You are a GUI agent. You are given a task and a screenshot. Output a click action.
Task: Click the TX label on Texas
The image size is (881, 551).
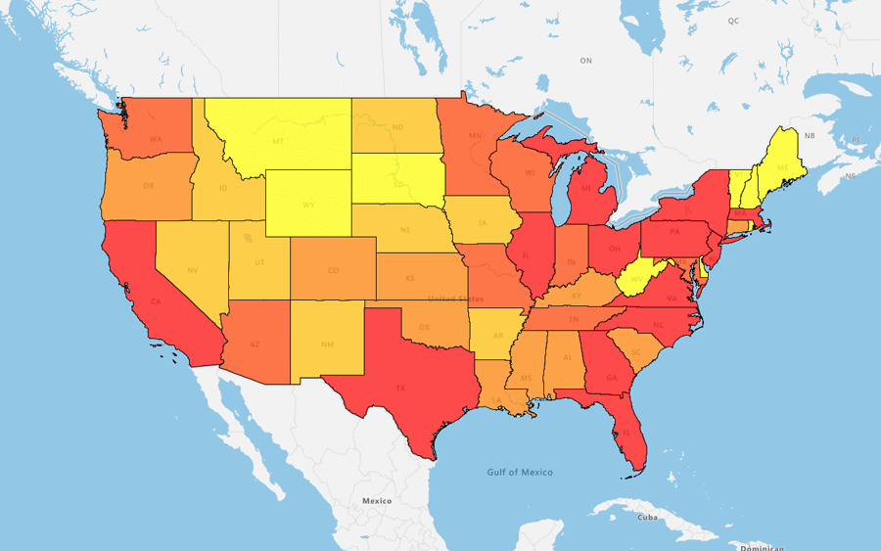[400, 388]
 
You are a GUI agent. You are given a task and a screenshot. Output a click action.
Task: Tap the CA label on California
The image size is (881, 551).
[156, 302]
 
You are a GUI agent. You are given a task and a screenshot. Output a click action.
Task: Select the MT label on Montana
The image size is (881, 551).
[278, 141]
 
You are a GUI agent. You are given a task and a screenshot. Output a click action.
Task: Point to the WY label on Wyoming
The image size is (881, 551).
[308, 206]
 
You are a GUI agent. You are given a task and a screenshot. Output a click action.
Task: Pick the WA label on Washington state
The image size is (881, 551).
[156, 139]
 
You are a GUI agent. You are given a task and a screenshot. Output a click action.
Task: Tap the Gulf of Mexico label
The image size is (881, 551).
[520, 472]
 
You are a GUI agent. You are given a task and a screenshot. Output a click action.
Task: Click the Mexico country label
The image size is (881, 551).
[377, 500]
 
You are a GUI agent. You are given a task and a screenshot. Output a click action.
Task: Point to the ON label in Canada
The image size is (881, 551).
[585, 61]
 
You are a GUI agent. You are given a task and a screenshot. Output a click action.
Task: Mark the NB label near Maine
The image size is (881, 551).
[810, 135]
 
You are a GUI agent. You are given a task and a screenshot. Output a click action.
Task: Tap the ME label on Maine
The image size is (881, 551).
[782, 167]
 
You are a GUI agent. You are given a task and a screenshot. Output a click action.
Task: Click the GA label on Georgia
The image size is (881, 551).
[612, 378]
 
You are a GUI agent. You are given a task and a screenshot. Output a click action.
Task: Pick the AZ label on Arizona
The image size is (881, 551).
[255, 344]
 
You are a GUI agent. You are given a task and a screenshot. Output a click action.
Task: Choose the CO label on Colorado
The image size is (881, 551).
[333, 270]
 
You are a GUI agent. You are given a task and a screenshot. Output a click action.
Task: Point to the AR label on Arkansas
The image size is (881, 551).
[497, 335]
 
